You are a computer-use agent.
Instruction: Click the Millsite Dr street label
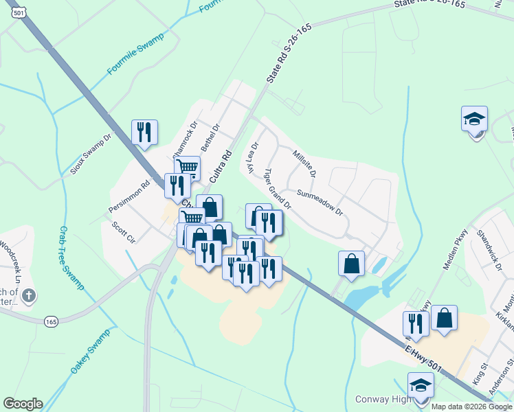click(x=304, y=163)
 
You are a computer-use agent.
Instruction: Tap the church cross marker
click(x=28, y=297)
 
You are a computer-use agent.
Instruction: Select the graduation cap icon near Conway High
click(x=421, y=385)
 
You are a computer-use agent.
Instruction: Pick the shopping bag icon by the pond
click(x=351, y=263)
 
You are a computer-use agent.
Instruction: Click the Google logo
click(x=23, y=404)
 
